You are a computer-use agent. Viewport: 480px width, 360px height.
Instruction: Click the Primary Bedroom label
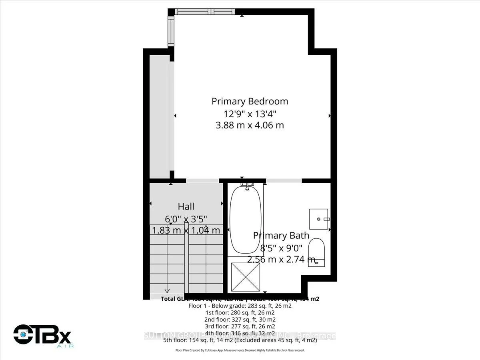[x=250, y=101]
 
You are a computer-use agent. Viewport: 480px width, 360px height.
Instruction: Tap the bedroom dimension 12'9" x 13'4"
[x=250, y=113]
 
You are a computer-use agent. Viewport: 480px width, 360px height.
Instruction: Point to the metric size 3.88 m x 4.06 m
[x=250, y=125]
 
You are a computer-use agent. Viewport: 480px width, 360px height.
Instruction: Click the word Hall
[x=186, y=206]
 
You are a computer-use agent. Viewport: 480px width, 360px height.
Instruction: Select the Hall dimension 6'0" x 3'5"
[x=186, y=219]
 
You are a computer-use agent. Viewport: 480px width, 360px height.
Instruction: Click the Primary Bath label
[x=281, y=236]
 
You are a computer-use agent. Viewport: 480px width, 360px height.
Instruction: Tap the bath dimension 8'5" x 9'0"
[x=281, y=248]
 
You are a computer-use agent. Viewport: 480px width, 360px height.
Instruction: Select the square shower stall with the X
[x=246, y=276]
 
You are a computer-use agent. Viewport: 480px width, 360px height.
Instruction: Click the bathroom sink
[x=319, y=219]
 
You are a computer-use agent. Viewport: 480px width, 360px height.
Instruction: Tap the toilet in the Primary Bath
[x=318, y=251]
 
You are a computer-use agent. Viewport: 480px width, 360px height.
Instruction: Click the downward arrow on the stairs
[x=167, y=290]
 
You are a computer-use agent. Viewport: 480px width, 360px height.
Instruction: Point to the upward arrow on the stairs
[x=206, y=228]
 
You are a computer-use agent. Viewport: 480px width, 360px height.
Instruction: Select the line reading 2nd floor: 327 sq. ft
[x=240, y=320]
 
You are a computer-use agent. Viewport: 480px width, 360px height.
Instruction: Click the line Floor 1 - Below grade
[x=240, y=306]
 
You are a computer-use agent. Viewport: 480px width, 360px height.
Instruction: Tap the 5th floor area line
[x=240, y=340]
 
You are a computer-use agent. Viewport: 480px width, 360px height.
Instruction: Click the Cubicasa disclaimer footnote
[x=240, y=350]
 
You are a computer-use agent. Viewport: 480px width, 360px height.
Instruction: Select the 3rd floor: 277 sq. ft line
[x=240, y=326]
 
